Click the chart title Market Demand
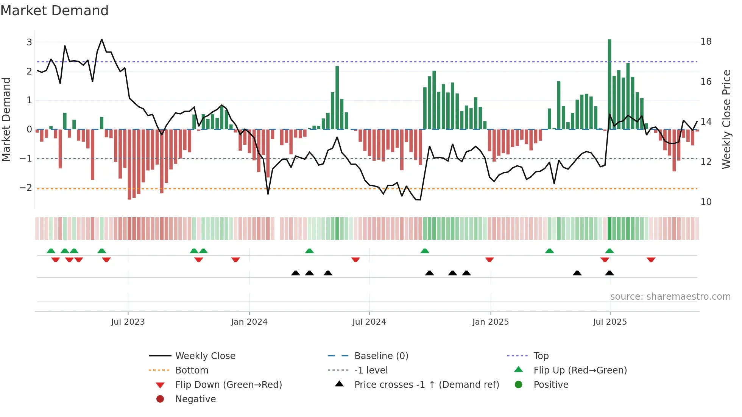pyautogui.click(x=55, y=11)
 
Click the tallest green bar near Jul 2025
pyautogui.click(x=609, y=83)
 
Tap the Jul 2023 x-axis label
pyautogui.click(x=128, y=322)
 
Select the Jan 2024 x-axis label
pyautogui.click(x=249, y=322)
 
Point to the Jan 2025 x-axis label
pyautogui.click(x=491, y=322)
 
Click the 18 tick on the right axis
pyautogui.click(x=706, y=42)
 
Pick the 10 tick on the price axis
pyautogui.click(x=706, y=202)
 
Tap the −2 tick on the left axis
pyautogui.click(x=26, y=188)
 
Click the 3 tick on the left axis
pyautogui.click(x=29, y=42)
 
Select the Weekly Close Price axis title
pyautogui.click(x=726, y=119)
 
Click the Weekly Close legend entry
pyautogui.click(x=205, y=356)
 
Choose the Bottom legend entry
pyautogui.click(x=192, y=370)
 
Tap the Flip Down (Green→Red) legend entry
pyautogui.click(x=228, y=385)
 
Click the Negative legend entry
pyautogui.click(x=195, y=399)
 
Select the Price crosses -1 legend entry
pyautogui.click(x=426, y=385)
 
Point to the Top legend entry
pyautogui.click(x=541, y=356)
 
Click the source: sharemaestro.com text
pyautogui.click(x=670, y=297)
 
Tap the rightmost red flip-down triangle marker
pyautogui.click(x=651, y=260)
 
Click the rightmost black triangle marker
pyautogui.click(x=609, y=273)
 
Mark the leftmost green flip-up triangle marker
pyautogui.click(x=51, y=251)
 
